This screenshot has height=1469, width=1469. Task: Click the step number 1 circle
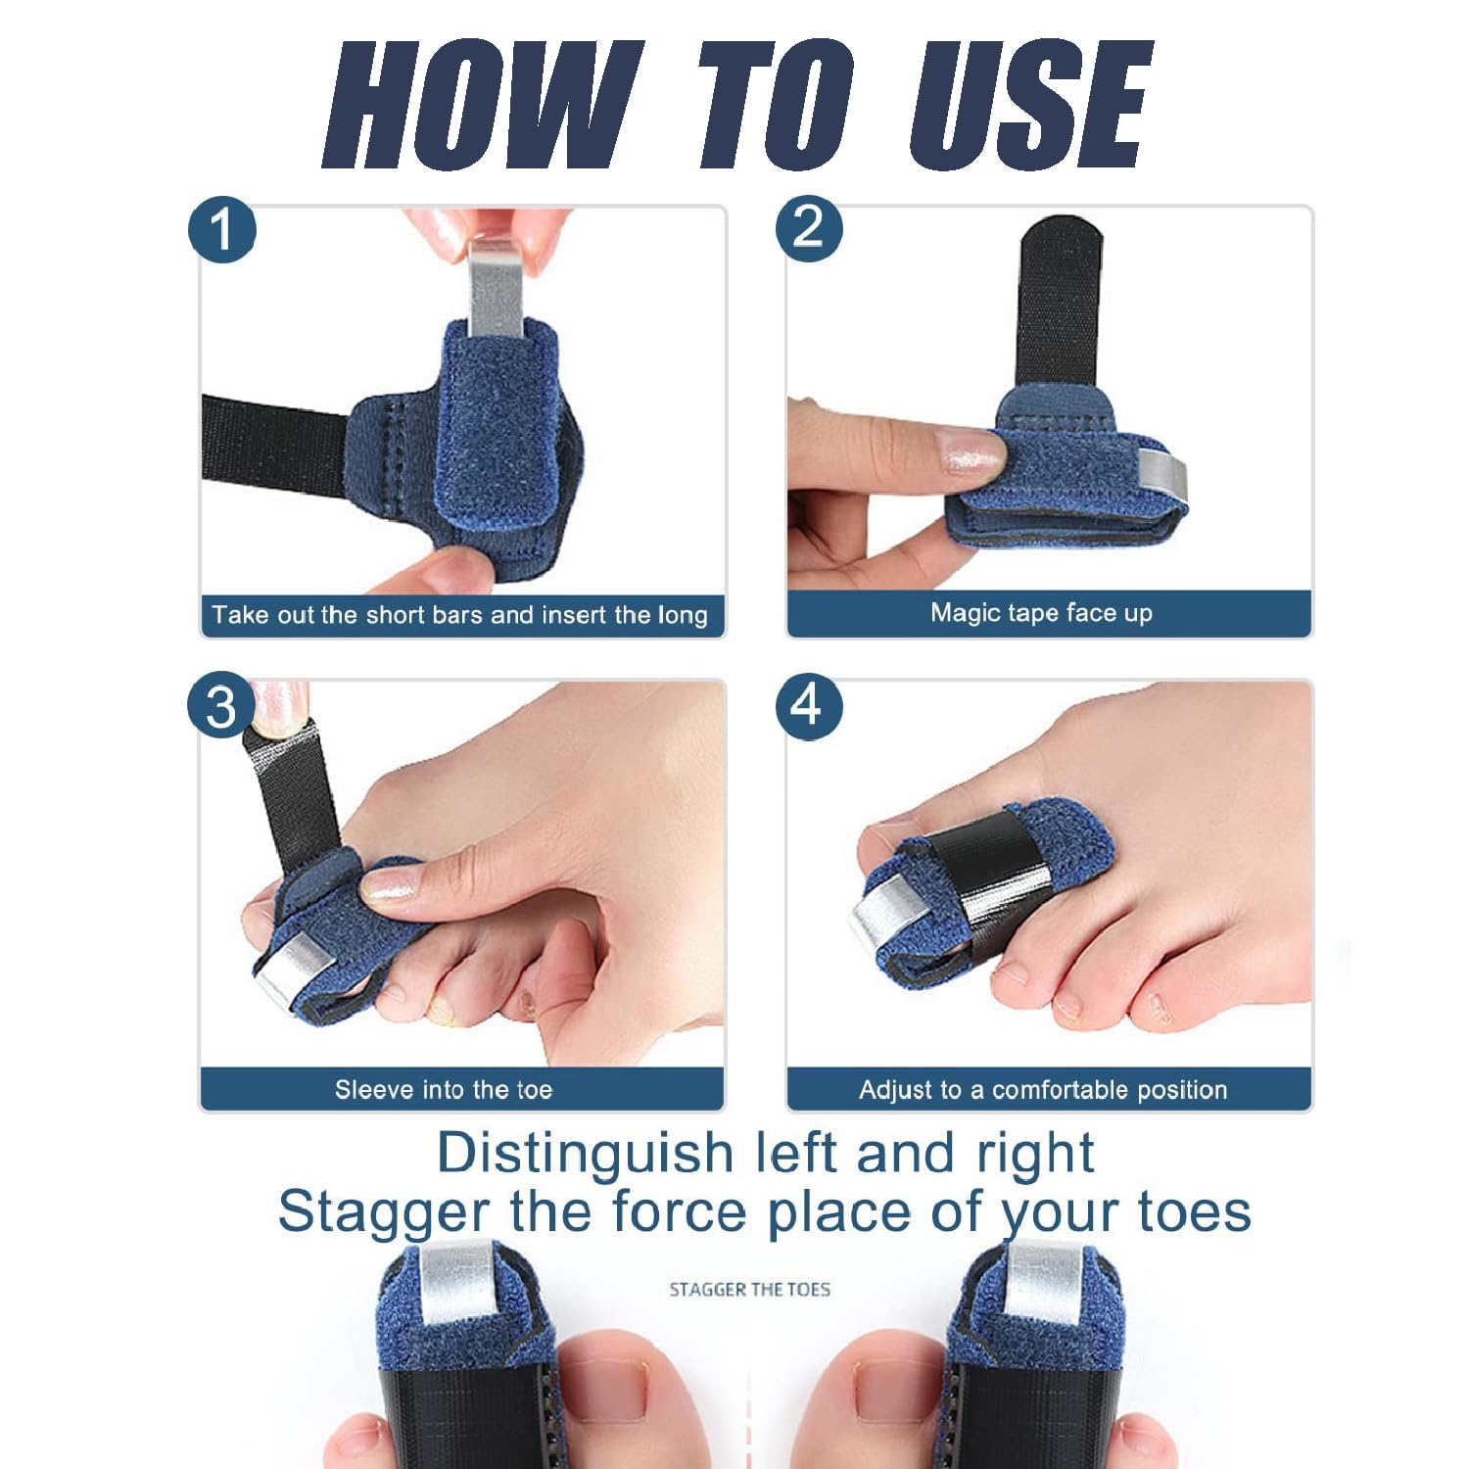[222, 230]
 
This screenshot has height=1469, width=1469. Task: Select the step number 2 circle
[809, 228]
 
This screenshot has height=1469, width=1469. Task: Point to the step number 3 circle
[221, 706]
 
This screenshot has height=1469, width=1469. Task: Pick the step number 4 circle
[809, 705]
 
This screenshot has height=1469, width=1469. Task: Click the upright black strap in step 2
[1060, 304]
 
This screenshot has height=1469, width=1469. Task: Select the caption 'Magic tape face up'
[1041, 613]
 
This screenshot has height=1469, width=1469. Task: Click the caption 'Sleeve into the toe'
[444, 1090]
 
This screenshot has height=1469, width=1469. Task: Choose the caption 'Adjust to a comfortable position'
[1043, 1090]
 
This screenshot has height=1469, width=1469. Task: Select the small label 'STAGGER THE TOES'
[749, 1290]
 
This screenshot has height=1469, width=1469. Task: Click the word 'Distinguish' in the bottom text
[585, 1153]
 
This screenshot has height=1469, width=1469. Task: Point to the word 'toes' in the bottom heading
[1195, 1211]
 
